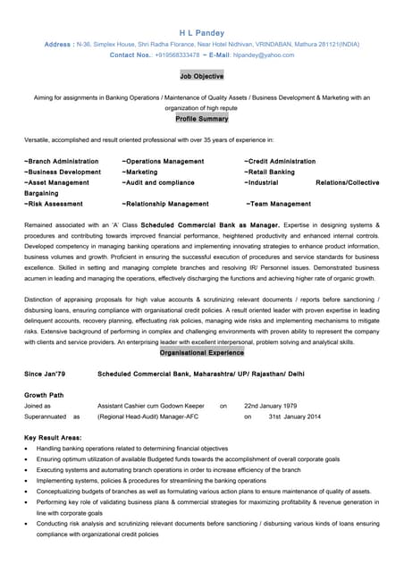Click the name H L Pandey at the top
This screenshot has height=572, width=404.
(201, 29)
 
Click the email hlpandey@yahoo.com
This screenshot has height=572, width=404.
(265, 55)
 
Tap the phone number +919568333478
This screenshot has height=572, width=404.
(177, 55)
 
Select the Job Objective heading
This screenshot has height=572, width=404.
(201, 77)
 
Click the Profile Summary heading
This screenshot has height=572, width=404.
(201, 119)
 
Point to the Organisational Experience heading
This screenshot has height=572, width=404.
(201, 352)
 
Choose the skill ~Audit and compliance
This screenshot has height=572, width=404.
(158, 182)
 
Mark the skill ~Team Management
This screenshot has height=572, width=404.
(279, 204)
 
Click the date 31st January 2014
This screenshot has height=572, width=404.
(294, 416)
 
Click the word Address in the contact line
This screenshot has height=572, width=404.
(58, 43)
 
